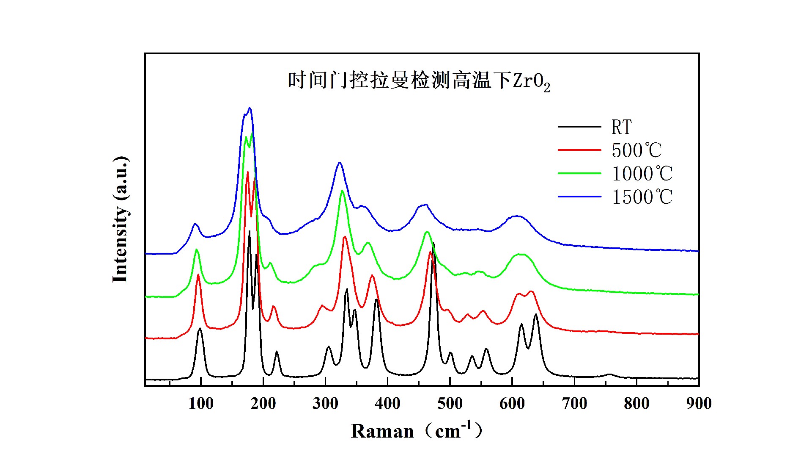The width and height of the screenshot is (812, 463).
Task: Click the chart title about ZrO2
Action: (x=419, y=80)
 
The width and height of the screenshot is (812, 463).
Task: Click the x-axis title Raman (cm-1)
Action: (x=417, y=431)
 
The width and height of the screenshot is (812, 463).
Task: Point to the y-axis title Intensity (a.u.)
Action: (x=120, y=219)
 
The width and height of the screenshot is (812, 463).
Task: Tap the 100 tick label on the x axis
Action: (x=201, y=403)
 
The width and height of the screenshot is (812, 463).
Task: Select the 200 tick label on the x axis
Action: (x=263, y=403)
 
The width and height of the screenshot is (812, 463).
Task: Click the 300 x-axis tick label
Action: (x=325, y=403)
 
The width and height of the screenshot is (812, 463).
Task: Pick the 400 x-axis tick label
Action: (x=387, y=403)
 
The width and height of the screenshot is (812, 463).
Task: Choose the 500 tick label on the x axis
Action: (x=450, y=403)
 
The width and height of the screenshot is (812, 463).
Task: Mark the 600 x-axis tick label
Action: (x=512, y=403)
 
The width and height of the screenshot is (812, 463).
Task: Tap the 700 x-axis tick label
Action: (x=574, y=403)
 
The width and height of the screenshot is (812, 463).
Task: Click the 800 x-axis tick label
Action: (x=636, y=403)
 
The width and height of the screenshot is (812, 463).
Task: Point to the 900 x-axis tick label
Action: (x=699, y=403)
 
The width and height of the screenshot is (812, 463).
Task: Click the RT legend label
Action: (x=621, y=127)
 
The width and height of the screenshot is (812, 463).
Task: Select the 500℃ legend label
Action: (x=636, y=150)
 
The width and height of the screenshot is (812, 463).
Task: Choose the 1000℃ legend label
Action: (x=642, y=174)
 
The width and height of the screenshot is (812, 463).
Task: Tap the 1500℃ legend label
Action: (x=642, y=197)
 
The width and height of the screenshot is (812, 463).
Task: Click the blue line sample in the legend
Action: (x=579, y=197)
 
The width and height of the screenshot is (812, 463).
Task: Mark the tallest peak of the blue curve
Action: (x=250, y=108)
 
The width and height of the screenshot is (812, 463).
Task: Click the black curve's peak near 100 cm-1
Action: (x=200, y=329)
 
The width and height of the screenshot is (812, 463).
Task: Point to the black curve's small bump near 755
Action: (x=609, y=374)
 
